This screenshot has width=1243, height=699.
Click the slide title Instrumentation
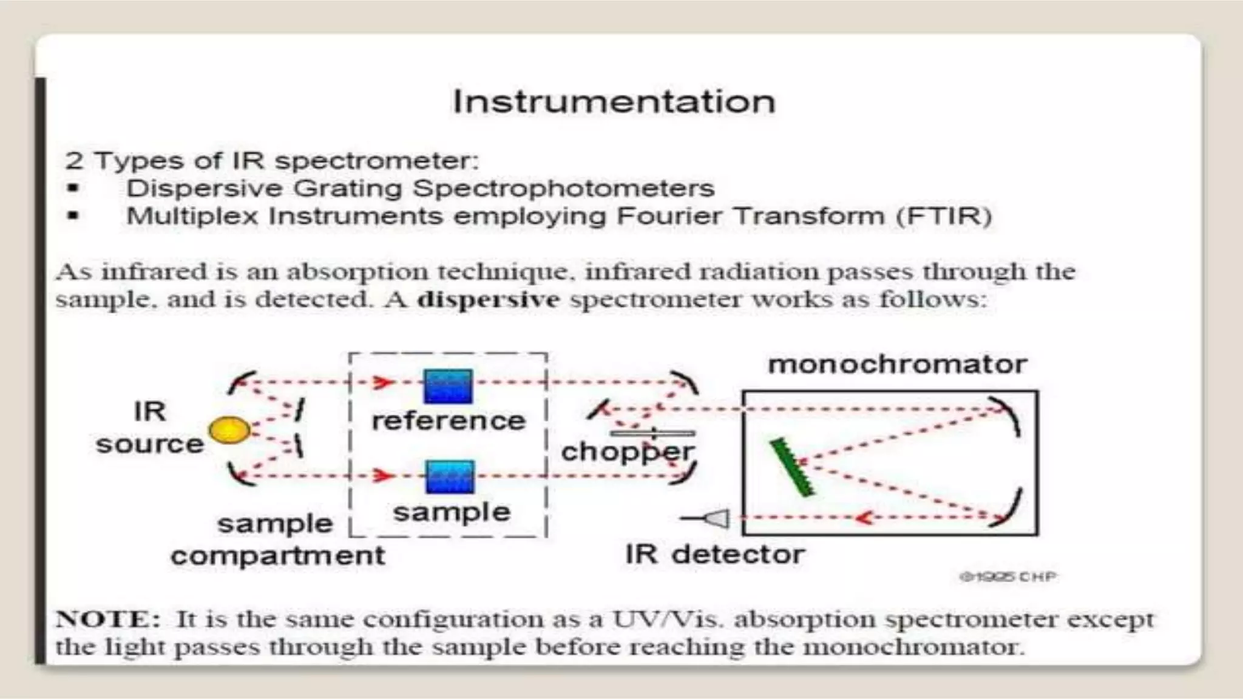(x=614, y=101)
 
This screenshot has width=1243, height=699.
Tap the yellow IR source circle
(x=229, y=430)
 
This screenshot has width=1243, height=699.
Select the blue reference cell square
(x=448, y=387)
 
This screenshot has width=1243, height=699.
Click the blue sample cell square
(x=449, y=477)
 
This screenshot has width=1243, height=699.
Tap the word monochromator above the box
(x=897, y=365)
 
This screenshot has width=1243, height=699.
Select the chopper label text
(x=626, y=452)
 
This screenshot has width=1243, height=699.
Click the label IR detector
(x=714, y=555)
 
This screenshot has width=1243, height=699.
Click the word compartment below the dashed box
(x=277, y=556)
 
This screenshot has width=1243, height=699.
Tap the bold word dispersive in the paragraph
(x=489, y=300)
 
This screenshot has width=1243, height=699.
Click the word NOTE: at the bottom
(x=108, y=620)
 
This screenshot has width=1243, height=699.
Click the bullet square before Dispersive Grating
(x=73, y=188)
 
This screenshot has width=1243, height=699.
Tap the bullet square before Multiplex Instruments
(x=73, y=215)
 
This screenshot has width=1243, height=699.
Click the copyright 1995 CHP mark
(x=1008, y=576)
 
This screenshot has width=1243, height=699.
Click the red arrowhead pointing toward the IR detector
(x=863, y=518)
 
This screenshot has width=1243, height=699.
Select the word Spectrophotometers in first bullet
(x=564, y=189)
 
